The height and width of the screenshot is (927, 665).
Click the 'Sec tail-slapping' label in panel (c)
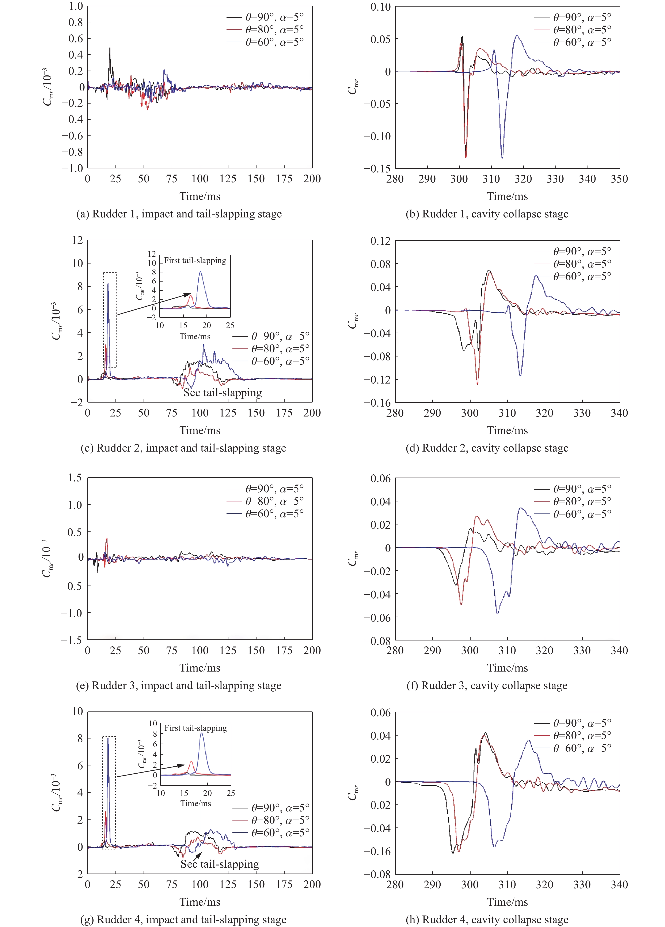[x=223, y=393]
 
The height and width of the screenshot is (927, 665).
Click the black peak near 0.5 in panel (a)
[x=110, y=48]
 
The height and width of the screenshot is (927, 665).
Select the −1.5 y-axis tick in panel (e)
[x=72, y=640]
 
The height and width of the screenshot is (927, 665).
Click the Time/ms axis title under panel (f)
[x=507, y=668]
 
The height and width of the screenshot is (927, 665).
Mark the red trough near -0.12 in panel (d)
[x=477, y=383]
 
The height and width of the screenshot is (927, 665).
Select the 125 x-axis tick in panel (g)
[x=228, y=885]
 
